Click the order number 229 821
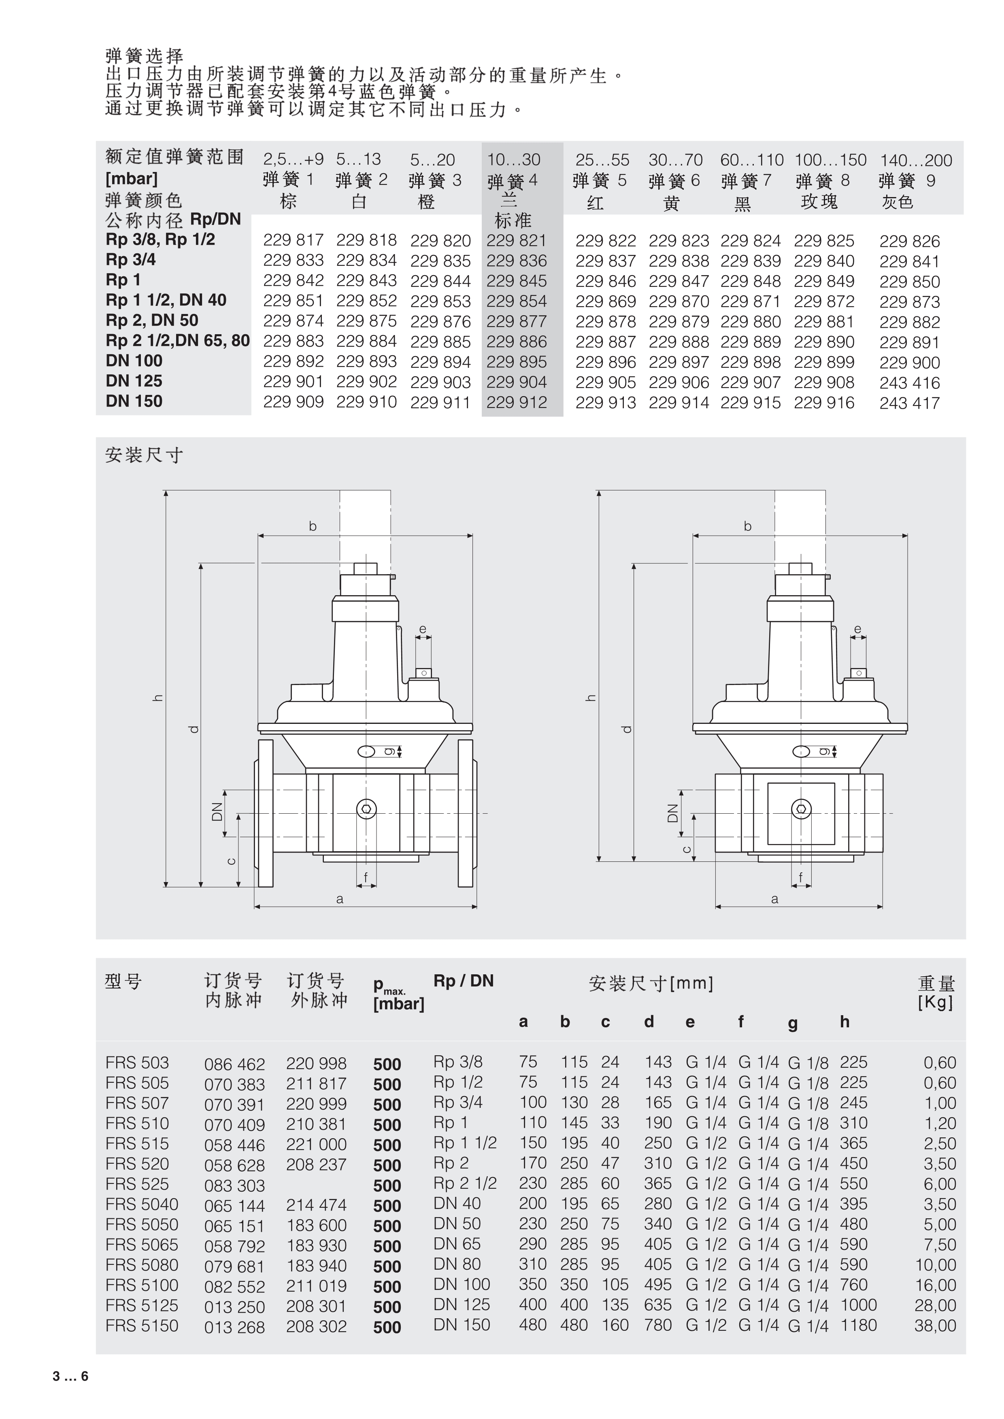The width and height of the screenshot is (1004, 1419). coord(516,240)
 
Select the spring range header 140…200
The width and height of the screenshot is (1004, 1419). coord(916,161)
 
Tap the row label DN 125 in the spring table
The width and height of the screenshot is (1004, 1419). coord(134,381)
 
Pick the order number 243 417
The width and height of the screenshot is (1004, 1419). coord(909,403)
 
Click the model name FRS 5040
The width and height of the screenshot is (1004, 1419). coord(142,1204)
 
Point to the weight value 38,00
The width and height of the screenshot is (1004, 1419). coord(935,1326)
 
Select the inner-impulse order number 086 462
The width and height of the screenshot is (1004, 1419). coord(234,1064)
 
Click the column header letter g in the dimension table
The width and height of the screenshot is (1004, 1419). coord(793,1023)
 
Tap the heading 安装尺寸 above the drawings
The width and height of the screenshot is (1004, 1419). coord(144,456)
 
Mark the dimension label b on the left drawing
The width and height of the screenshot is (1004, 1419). coord(313,526)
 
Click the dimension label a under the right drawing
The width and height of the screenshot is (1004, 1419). coord(774,899)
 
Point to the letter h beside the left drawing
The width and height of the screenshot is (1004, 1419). coord(158,698)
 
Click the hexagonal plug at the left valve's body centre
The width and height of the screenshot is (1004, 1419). coord(367,809)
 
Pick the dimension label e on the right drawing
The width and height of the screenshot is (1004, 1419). coord(857,629)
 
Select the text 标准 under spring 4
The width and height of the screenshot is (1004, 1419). coord(513,221)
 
